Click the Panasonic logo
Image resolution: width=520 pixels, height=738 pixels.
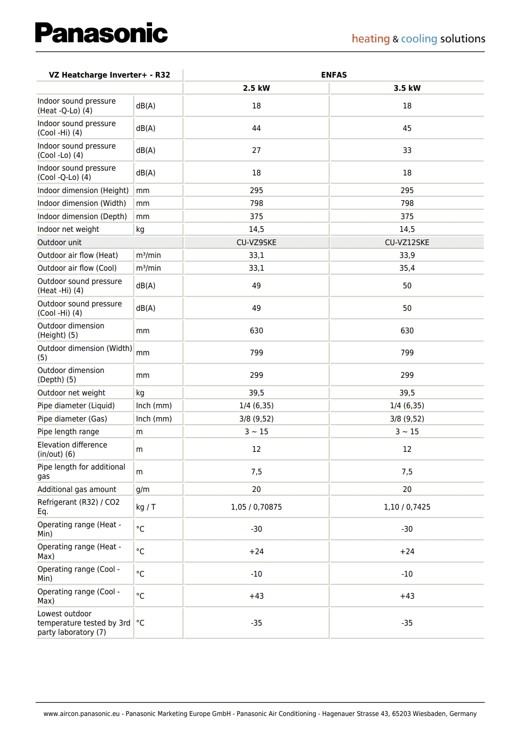101,33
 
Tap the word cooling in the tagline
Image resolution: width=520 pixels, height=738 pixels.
419,39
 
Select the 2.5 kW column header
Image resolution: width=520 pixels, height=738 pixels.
256,88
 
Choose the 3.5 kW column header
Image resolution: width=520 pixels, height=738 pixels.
407,88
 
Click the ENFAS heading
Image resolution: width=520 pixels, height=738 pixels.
334,75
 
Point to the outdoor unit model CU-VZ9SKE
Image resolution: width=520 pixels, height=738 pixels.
256,242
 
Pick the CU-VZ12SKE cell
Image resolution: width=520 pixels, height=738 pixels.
407,242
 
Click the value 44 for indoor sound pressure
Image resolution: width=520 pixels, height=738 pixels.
256,128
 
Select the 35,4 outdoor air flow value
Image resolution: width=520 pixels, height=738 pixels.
407,268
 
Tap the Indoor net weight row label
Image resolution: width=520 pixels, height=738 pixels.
68,229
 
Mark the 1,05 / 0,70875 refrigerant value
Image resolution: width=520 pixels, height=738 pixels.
256,507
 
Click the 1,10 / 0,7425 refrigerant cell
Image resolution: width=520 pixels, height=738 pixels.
407,507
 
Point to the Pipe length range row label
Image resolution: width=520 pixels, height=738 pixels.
68,432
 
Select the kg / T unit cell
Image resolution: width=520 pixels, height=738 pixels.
146,507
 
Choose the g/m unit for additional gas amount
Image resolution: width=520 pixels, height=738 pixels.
143,489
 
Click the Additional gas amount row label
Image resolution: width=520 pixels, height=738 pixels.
77,489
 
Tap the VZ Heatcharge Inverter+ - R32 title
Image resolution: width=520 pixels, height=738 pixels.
109,75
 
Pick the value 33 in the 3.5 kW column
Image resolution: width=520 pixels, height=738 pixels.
407,150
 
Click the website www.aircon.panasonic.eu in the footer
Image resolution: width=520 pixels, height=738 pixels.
82,714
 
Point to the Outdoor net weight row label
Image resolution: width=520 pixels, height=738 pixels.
71,393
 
